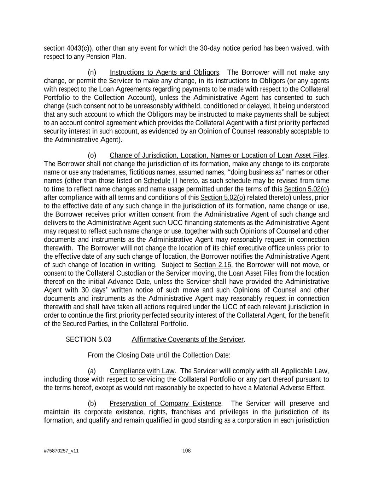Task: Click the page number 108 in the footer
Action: (x=186, y=450)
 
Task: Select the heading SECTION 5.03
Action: (x=88, y=339)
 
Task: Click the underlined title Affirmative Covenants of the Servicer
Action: (x=187, y=339)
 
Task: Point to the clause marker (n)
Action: (x=92, y=73)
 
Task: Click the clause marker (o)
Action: (x=92, y=155)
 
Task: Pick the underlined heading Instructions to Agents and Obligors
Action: (x=164, y=73)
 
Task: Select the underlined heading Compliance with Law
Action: (x=142, y=371)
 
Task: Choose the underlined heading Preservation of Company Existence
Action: (x=165, y=404)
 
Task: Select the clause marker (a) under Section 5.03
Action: (x=92, y=371)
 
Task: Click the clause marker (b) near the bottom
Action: (x=92, y=404)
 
